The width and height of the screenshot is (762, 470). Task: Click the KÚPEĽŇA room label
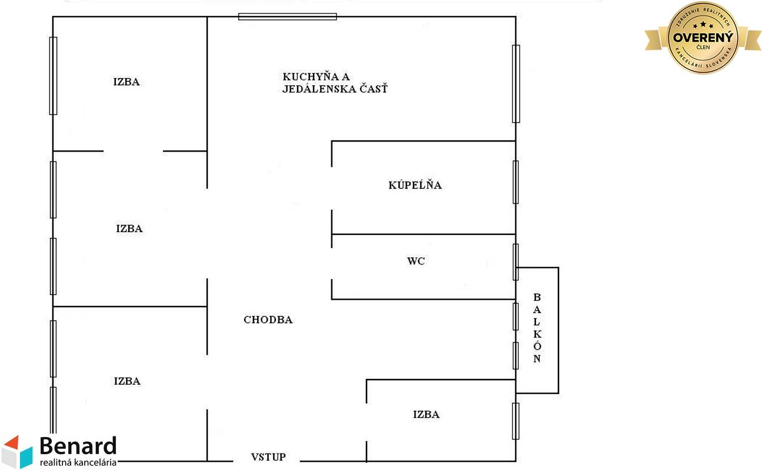pyautogui.click(x=415, y=186)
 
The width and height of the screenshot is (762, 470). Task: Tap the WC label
pyautogui.click(x=415, y=261)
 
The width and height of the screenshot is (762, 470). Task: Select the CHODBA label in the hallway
pyautogui.click(x=268, y=320)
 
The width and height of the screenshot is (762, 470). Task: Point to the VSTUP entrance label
pyautogui.click(x=268, y=457)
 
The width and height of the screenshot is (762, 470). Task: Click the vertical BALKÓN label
pyautogui.click(x=537, y=328)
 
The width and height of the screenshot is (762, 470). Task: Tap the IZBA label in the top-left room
pyautogui.click(x=127, y=82)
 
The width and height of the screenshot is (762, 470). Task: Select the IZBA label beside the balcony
pyautogui.click(x=426, y=415)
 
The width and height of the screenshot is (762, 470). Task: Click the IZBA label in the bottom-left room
pyautogui.click(x=127, y=381)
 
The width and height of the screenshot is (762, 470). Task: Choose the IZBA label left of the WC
pyautogui.click(x=129, y=229)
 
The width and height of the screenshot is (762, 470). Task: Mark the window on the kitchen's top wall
pyautogui.click(x=287, y=16)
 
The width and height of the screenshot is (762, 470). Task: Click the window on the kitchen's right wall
pyautogui.click(x=516, y=83)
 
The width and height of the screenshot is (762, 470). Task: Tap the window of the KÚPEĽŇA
pyautogui.click(x=515, y=182)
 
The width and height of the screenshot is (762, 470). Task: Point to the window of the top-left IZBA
pyautogui.click(x=53, y=75)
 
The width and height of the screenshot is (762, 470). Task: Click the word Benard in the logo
pyautogui.click(x=78, y=446)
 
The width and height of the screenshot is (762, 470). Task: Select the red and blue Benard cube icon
pyautogui.click(x=17, y=452)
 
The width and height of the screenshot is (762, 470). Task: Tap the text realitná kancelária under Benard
pyautogui.click(x=78, y=462)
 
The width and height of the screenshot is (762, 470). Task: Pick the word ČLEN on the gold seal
pyautogui.click(x=703, y=48)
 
